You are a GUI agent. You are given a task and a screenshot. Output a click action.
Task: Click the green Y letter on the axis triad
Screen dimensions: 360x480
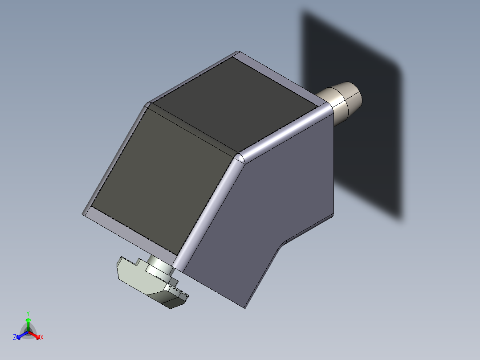28,313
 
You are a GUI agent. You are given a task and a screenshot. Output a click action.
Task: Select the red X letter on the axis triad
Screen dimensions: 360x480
42,338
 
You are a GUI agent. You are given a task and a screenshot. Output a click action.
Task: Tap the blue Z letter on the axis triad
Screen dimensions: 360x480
15,338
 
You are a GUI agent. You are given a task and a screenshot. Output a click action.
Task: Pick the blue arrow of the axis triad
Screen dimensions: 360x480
20,335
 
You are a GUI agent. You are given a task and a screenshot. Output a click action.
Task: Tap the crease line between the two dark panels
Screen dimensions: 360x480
191,129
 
